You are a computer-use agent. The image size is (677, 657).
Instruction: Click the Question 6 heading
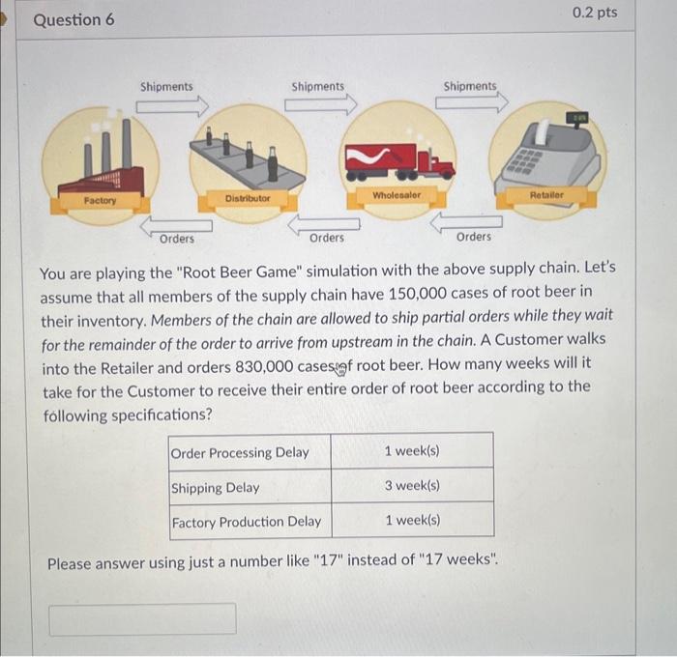tap(74, 20)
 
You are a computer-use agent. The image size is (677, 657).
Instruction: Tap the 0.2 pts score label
tap(595, 13)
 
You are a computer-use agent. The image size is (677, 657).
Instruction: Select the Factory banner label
tap(101, 201)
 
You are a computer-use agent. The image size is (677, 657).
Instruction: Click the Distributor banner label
tap(248, 198)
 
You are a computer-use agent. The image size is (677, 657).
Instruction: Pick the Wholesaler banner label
tap(397, 195)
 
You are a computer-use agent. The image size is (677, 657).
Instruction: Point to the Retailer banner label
tap(546, 195)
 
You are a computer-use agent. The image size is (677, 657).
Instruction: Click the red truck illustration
tap(399, 161)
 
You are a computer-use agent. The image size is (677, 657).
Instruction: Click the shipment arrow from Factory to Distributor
tap(172, 106)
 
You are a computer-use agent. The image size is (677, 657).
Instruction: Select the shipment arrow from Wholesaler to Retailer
tap(472, 102)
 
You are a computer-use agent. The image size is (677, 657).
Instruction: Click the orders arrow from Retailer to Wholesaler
tap(466, 222)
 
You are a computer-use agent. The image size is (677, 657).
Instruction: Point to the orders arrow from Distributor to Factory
tap(176, 225)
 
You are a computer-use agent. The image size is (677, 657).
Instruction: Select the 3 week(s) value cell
tap(412, 486)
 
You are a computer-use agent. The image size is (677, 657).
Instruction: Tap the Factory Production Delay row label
tap(247, 522)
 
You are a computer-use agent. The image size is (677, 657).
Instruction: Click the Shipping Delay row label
tap(215, 488)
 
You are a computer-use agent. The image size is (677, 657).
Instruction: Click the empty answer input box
tap(142, 619)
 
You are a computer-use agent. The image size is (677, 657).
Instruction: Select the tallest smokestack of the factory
tap(127, 144)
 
